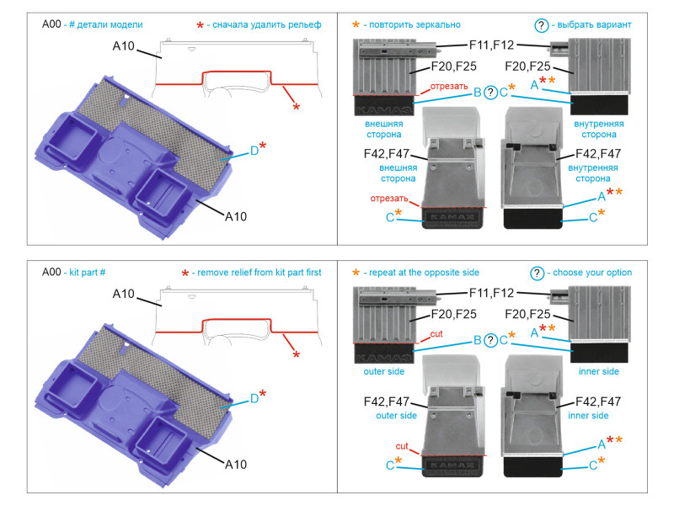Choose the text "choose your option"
click(x=591, y=273)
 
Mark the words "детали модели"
click(x=108, y=25)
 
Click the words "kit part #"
click(x=93, y=273)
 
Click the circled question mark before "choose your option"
click(x=537, y=273)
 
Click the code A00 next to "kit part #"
click(x=52, y=273)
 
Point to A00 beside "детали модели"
click(x=52, y=25)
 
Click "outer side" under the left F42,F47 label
click(x=396, y=416)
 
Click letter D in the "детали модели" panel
click(x=254, y=151)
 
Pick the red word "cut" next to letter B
click(x=436, y=334)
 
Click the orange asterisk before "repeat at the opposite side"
click(x=356, y=274)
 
